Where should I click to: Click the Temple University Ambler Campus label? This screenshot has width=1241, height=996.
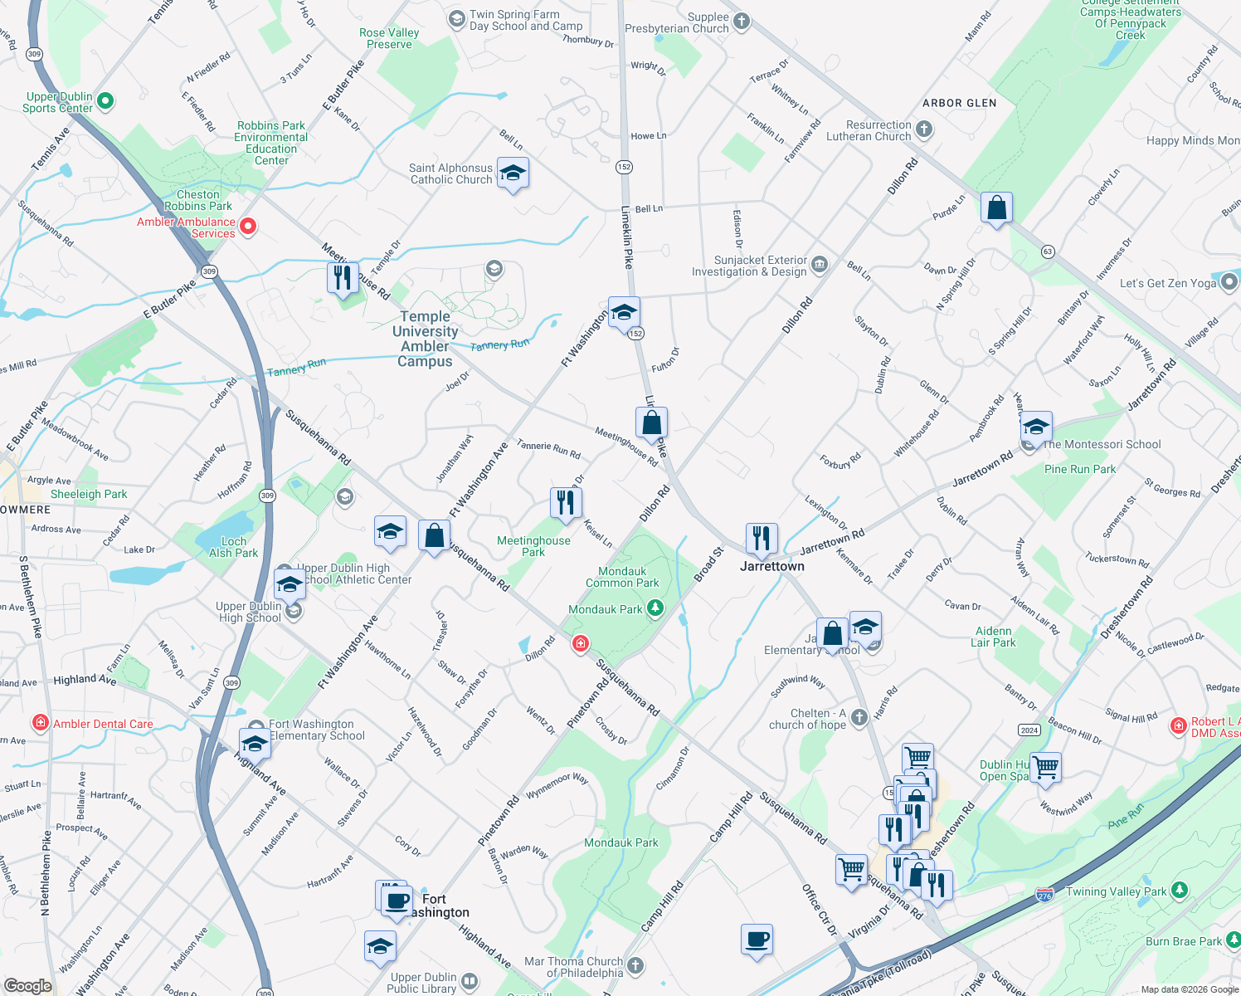[425, 339]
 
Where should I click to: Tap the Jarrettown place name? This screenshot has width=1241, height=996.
[772, 566]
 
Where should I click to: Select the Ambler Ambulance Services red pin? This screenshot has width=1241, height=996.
[247, 226]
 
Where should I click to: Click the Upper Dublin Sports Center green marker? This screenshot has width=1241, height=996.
[105, 101]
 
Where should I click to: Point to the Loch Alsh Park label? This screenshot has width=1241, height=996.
[233, 547]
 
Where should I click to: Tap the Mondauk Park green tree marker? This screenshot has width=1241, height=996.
[655, 608]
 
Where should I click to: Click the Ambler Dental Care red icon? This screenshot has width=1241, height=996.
[40, 723]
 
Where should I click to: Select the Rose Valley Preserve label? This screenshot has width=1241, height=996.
[389, 38]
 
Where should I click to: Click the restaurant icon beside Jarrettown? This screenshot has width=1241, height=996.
[761, 538]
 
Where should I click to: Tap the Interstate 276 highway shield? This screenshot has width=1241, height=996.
[1044, 895]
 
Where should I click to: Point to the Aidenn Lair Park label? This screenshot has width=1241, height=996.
[993, 637]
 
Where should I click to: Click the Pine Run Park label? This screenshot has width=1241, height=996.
[1080, 469]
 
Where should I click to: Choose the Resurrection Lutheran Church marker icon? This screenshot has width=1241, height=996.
[924, 129]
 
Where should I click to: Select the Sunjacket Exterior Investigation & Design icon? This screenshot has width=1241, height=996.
[820, 265]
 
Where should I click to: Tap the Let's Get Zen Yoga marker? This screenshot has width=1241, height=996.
[1229, 282]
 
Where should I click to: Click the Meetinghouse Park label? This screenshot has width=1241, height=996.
[533, 546]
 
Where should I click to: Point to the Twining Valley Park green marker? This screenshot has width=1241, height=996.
[1180, 891]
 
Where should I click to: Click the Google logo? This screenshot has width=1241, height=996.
[27, 985]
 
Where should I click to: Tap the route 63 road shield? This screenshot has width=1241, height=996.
[1049, 251]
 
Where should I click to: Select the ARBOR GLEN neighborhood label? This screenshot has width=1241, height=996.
[959, 103]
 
